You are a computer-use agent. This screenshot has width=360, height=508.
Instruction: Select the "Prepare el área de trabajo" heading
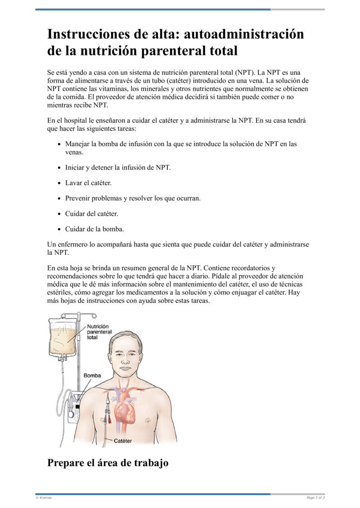(108, 463)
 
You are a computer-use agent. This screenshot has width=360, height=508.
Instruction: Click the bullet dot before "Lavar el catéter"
(60, 183)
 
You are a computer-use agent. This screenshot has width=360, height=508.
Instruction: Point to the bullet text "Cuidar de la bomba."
(94, 229)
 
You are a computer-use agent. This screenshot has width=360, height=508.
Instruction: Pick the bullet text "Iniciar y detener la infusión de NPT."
(118, 168)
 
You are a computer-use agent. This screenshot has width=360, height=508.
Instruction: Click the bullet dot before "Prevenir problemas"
(60, 199)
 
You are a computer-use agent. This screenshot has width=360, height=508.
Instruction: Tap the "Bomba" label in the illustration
(92, 375)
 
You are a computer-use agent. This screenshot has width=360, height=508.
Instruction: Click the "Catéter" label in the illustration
(122, 441)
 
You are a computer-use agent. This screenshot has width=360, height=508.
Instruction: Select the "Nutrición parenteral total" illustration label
(99, 332)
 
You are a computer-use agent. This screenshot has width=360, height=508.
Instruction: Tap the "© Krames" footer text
(44, 498)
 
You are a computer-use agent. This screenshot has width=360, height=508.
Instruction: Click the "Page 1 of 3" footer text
(316, 498)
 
